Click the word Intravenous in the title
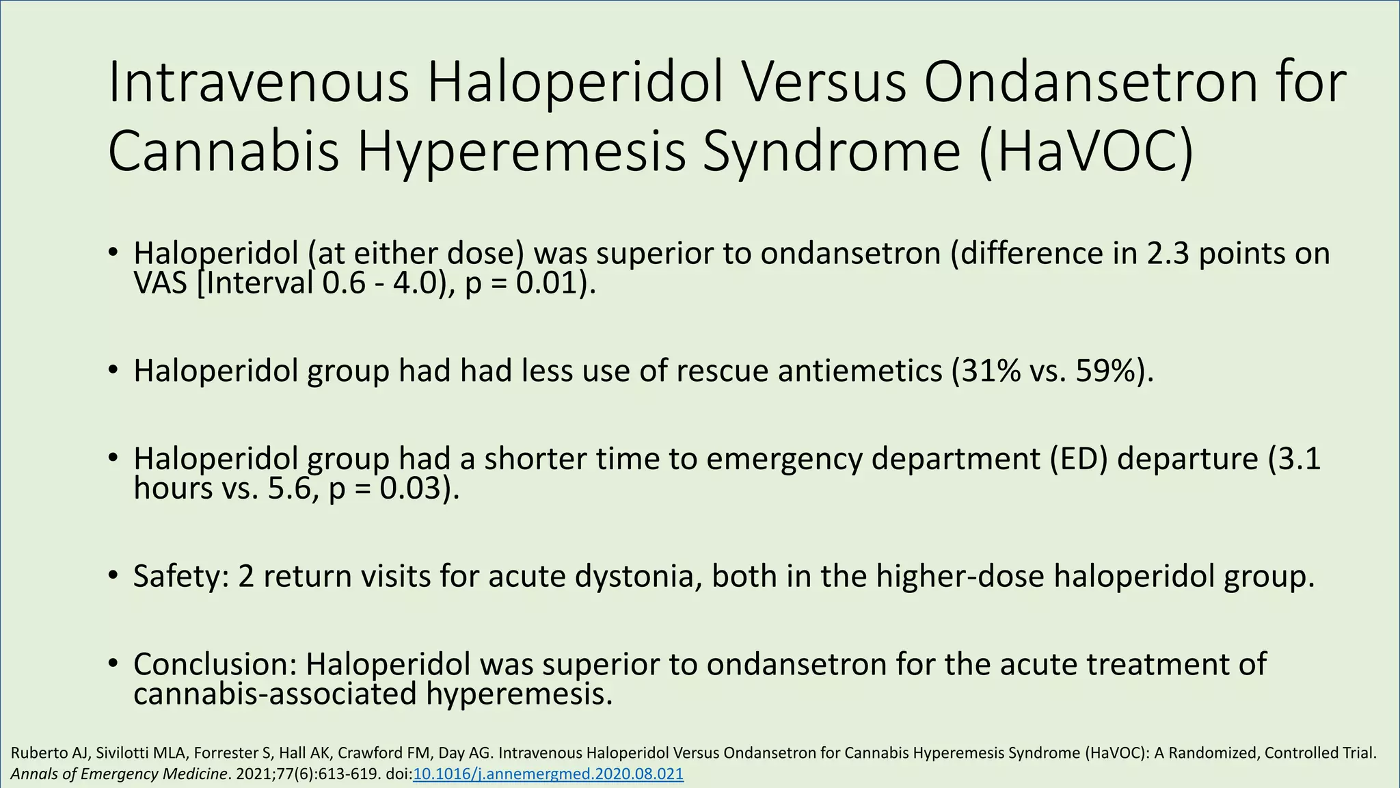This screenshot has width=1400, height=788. coord(258,82)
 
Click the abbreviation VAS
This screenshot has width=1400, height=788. coord(160,283)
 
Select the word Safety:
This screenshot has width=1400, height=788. coord(180,576)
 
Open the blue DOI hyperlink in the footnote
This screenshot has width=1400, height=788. coord(548,774)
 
